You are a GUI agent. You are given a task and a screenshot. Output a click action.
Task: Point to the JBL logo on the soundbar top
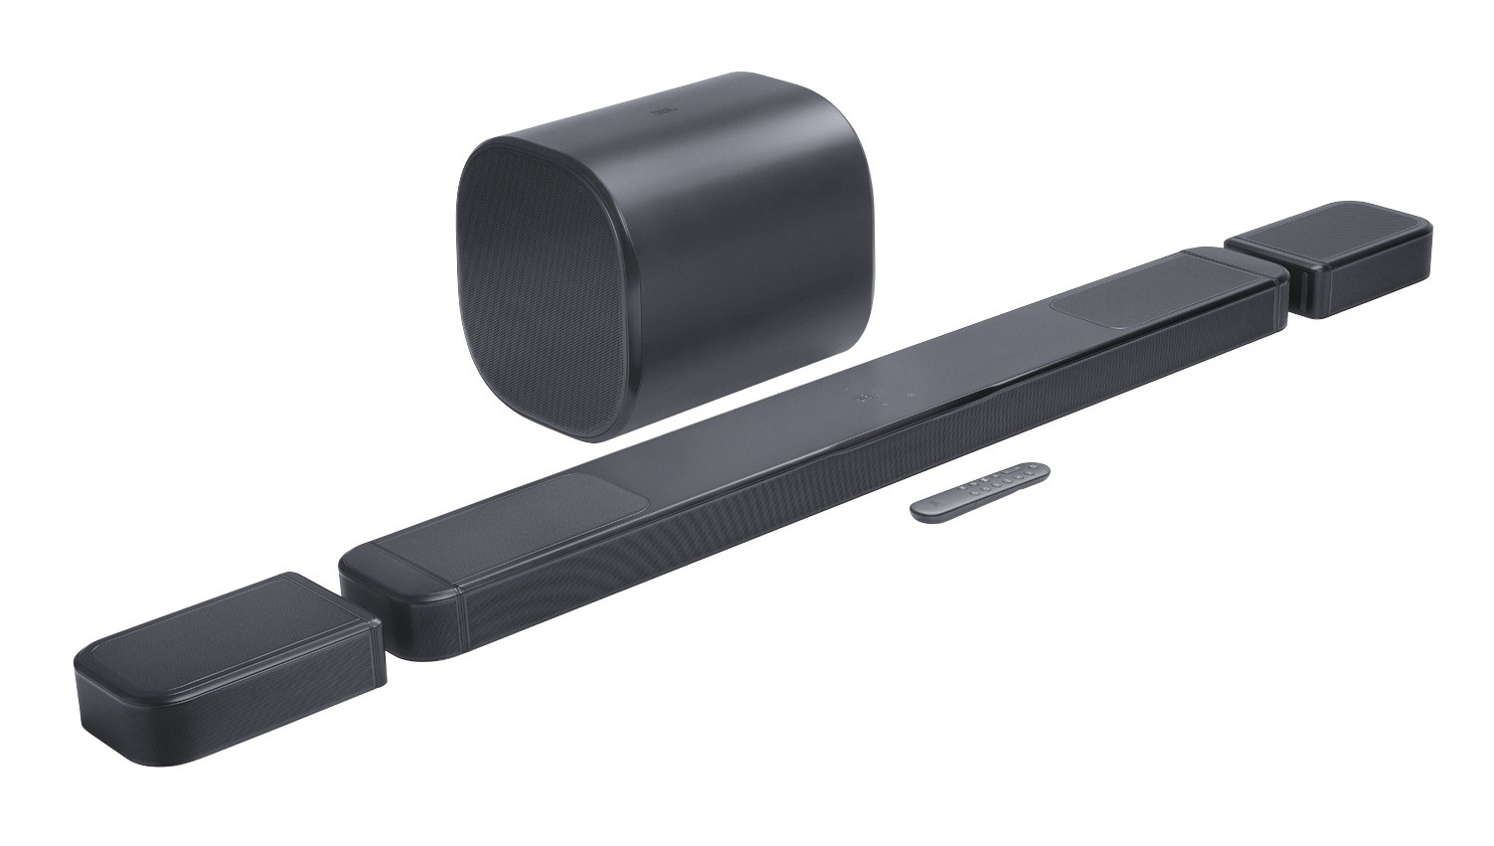(x=866, y=400)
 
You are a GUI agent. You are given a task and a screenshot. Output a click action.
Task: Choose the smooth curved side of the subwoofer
(x=755, y=199)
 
